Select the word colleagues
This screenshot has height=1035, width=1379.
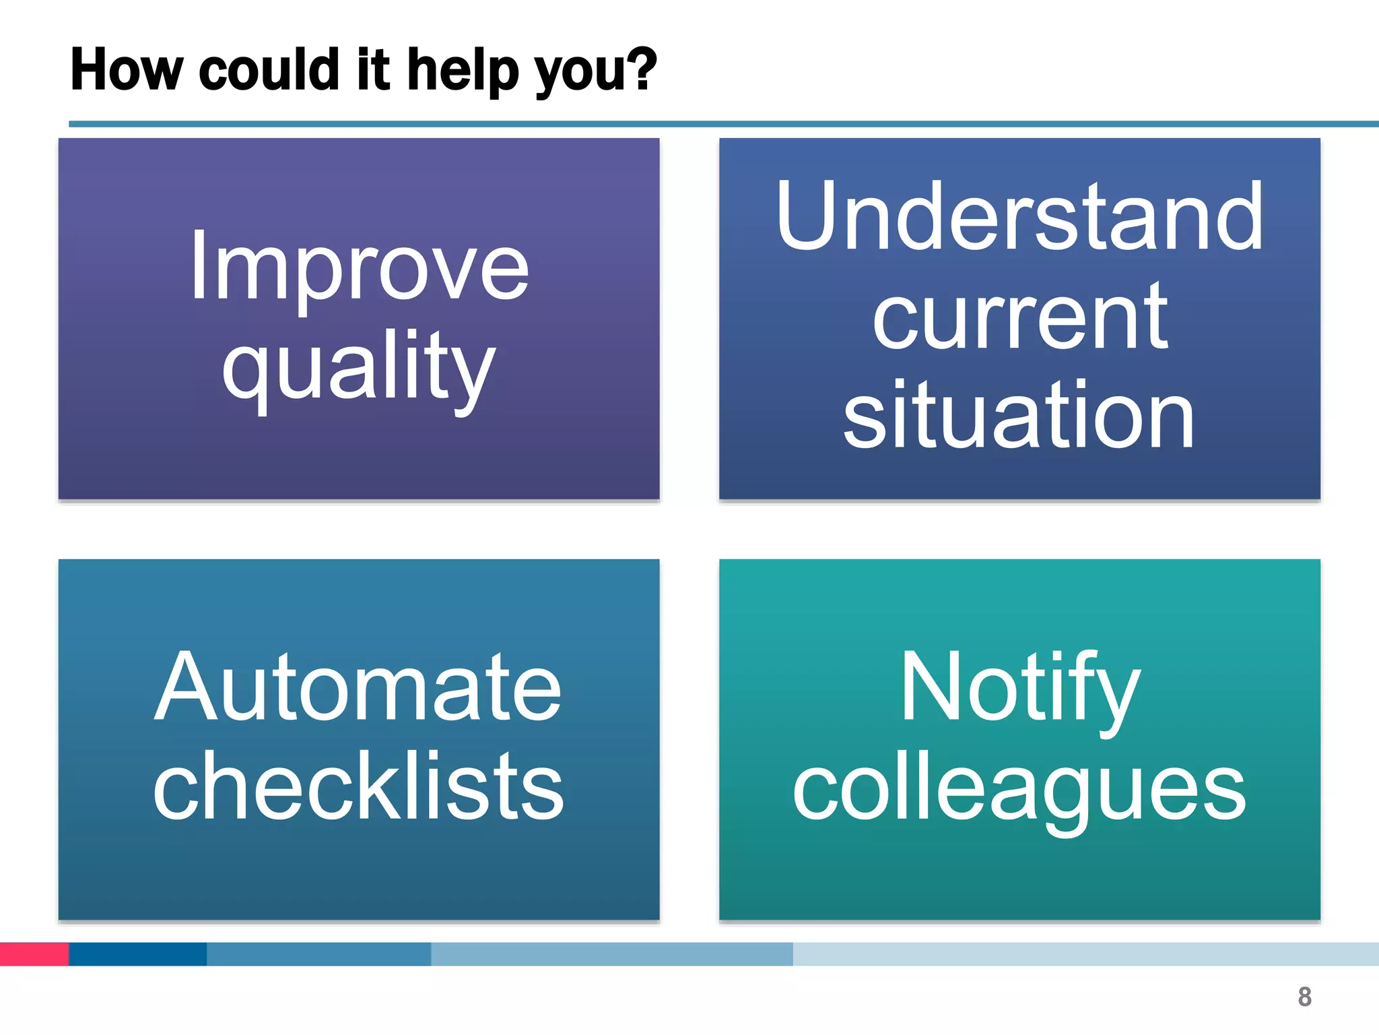(1019, 788)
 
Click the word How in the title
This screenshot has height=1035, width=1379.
(127, 69)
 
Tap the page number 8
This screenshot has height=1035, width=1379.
(1304, 997)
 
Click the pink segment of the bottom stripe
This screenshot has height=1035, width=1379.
(34, 954)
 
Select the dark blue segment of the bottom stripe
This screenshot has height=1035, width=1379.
(137, 954)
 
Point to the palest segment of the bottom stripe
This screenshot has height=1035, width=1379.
(1084, 954)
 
